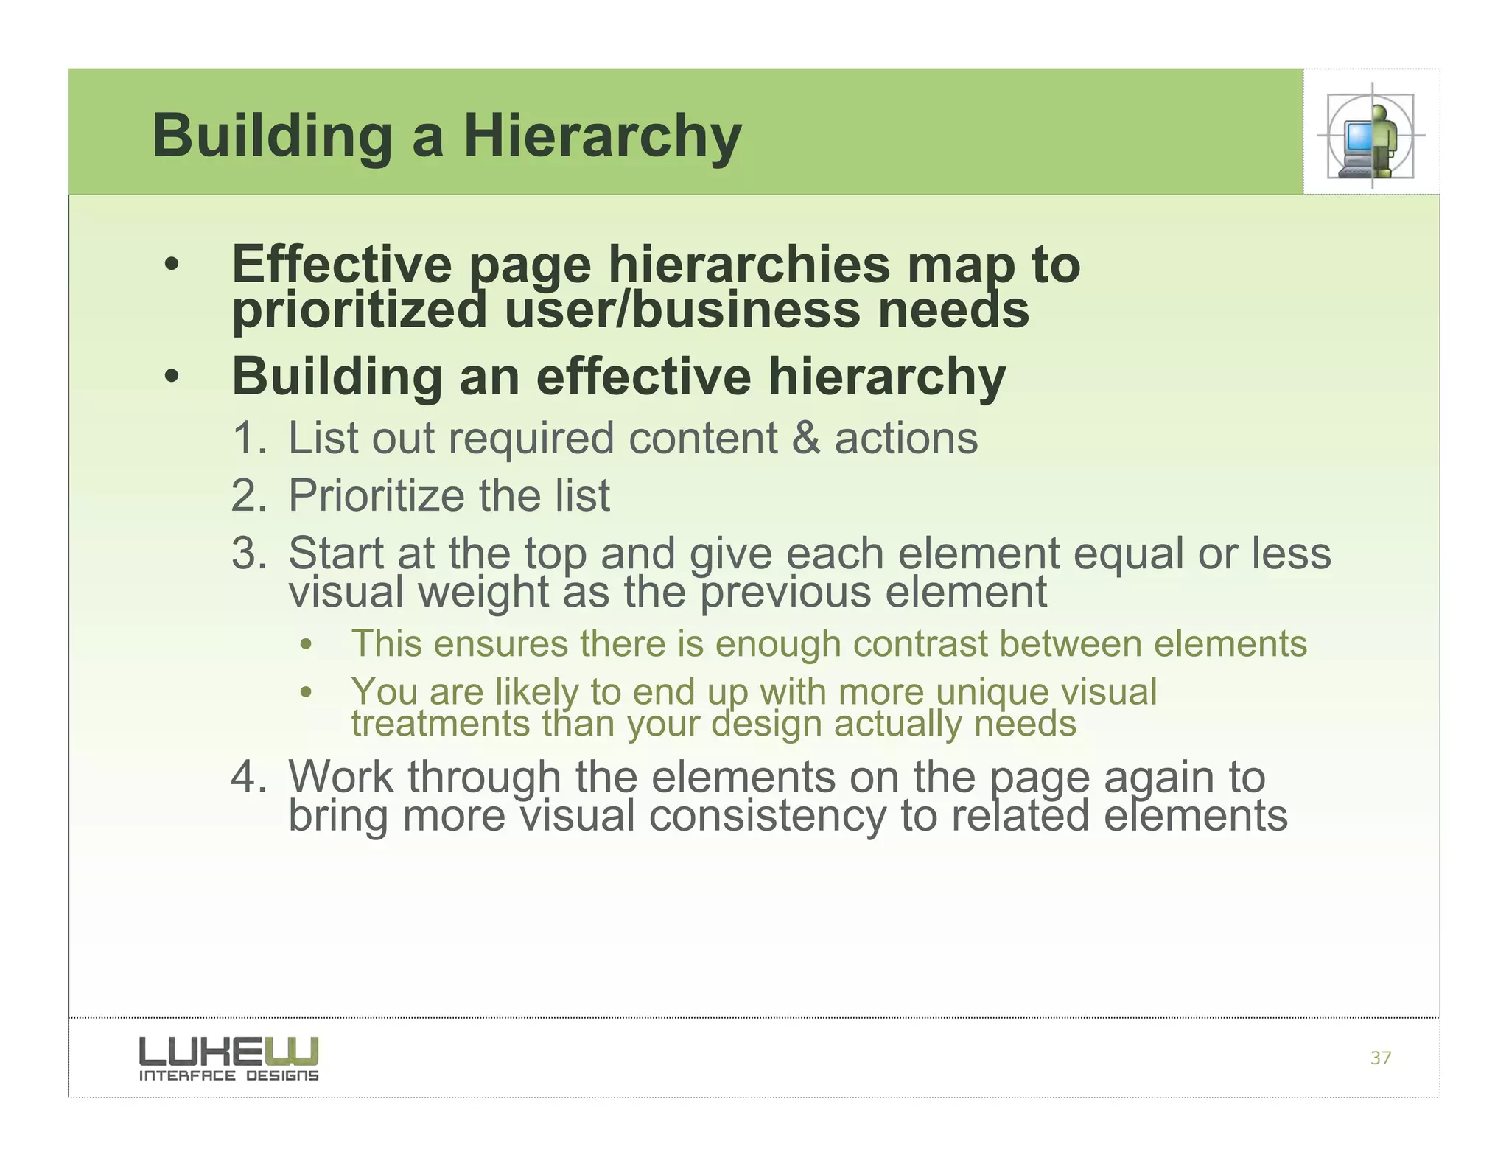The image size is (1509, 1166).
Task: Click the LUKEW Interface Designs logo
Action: point(228,1058)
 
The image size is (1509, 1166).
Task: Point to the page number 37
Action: point(1380,1058)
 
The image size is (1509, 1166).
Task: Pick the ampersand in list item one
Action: point(805,438)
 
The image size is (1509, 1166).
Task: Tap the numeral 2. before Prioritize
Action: point(248,495)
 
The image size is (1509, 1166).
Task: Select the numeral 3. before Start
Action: point(248,553)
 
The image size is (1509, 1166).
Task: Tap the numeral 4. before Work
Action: point(248,777)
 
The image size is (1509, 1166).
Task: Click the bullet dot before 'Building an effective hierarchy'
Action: point(172,377)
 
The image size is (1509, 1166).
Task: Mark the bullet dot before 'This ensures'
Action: point(307,646)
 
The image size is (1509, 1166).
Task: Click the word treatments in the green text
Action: point(440,724)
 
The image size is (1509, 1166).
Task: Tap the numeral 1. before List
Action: point(248,438)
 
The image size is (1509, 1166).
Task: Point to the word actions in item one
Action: point(906,438)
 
